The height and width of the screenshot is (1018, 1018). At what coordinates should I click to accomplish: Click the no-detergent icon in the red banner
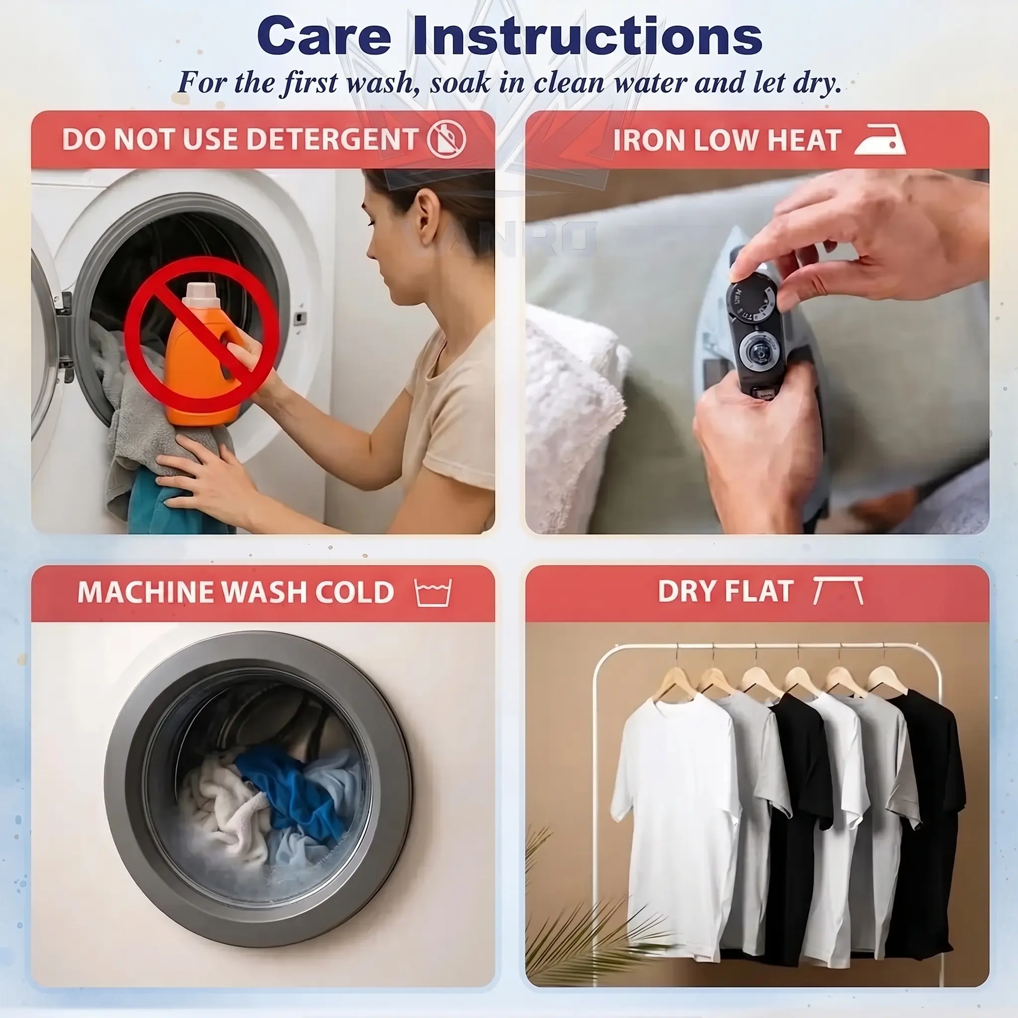[x=446, y=139]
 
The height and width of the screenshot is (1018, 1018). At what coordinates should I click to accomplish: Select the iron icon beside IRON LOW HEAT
[x=880, y=140]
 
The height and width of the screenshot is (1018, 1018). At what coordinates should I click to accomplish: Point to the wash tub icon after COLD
[x=433, y=593]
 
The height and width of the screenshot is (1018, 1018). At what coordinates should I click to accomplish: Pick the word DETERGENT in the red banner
[x=332, y=140]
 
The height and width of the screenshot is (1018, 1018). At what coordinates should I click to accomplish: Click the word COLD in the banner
[x=354, y=592]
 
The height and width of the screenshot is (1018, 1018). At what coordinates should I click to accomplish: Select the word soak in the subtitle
[x=459, y=83]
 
